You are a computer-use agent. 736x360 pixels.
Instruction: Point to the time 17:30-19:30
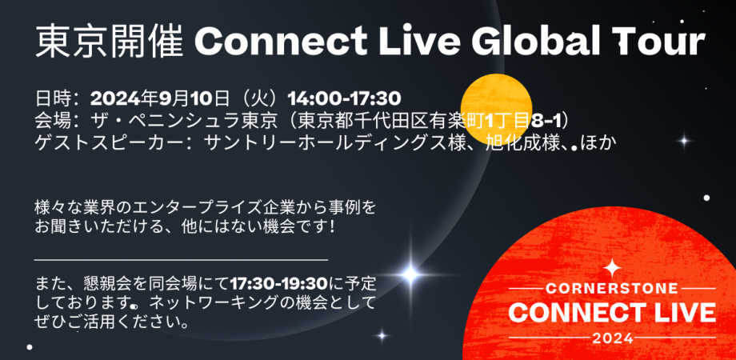coord(280,285)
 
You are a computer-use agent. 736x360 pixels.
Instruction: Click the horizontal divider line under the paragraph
coord(181,260)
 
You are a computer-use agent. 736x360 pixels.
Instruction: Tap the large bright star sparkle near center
coord(410,274)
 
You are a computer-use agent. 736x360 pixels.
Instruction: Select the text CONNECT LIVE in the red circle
coord(611,310)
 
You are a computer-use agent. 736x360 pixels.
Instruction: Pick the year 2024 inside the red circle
coord(611,338)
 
